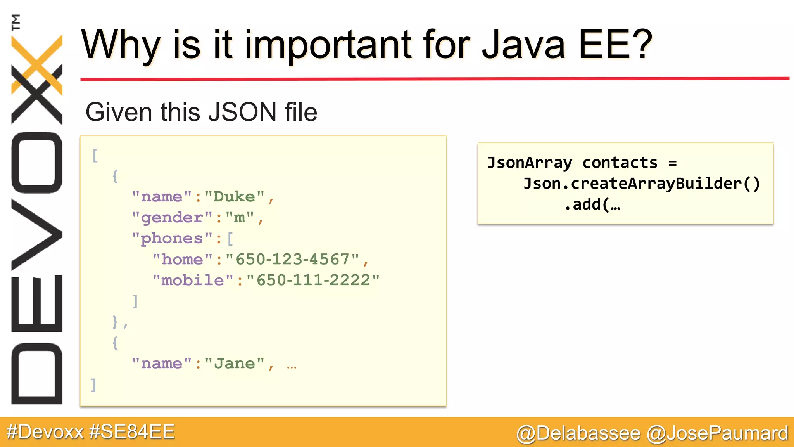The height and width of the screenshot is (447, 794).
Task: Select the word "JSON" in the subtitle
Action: click(242, 112)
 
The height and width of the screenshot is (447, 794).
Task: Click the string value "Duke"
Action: click(235, 197)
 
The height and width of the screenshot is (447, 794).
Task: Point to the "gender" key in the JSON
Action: click(172, 218)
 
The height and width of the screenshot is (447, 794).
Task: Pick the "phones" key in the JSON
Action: click(172, 239)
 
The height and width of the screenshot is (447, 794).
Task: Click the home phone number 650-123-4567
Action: click(293, 259)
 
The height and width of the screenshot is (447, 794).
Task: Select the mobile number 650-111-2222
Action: click(313, 280)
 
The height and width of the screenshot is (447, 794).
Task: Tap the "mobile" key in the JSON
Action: click(193, 280)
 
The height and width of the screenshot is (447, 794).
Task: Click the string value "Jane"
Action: click(235, 364)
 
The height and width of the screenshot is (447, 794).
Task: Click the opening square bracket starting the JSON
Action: click(95, 155)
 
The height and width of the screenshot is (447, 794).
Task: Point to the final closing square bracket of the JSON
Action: click(93, 385)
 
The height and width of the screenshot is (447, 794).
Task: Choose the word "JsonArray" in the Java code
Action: click(530, 163)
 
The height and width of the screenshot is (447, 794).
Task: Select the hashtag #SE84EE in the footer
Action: click(132, 432)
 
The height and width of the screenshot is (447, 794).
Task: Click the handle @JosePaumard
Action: click(718, 433)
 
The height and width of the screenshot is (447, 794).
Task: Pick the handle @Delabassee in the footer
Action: click(578, 433)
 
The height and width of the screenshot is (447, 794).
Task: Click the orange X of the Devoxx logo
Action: click(37, 64)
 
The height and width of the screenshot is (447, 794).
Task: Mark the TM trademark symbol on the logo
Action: click(16, 22)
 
